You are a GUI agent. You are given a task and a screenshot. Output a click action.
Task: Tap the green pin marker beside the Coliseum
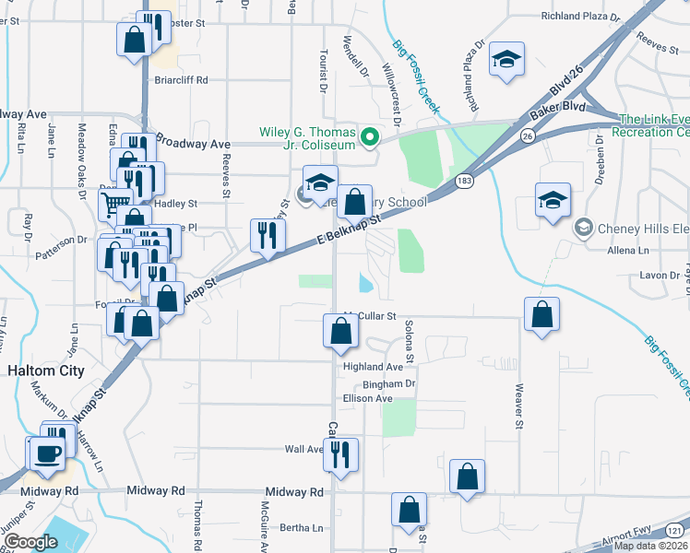370,139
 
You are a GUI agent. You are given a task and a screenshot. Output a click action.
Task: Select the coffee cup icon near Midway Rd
47,453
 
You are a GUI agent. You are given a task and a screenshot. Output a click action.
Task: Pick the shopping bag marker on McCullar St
340,330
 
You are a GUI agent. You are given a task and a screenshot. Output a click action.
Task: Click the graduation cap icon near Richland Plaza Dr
506,60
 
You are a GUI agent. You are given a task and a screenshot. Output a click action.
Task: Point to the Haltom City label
46,371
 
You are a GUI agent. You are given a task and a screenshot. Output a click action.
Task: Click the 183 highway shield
464,182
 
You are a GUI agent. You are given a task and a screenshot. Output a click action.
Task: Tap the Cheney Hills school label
636,227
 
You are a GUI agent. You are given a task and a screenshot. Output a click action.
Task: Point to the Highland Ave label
374,367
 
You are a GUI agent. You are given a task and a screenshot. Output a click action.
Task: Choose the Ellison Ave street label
367,398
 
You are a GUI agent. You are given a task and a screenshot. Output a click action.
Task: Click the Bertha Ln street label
304,528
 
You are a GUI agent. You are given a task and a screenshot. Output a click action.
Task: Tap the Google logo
30,541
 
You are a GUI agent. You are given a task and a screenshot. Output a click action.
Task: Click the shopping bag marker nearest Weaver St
541,313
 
